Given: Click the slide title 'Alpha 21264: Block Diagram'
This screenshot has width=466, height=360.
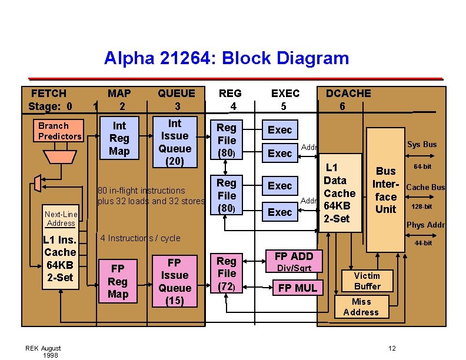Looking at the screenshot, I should [x=227, y=58].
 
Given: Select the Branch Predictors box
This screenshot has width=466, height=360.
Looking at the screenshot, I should [x=59, y=131].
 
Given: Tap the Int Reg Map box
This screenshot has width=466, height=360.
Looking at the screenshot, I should [x=119, y=138].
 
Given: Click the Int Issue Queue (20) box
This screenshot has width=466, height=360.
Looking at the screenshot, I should [x=175, y=142].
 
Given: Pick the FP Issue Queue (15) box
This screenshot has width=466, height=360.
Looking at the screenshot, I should [x=175, y=281].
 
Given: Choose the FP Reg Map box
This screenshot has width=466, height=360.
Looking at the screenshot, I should [x=118, y=281].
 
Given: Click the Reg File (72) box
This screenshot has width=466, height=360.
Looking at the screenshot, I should [x=227, y=274].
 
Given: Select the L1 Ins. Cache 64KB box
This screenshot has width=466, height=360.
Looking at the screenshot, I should [x=59, y=259].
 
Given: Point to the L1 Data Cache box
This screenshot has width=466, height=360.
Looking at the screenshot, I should [x=340, y=193].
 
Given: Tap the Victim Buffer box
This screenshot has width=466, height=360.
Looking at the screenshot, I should [x=367, y=281].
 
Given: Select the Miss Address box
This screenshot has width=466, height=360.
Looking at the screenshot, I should [x=361, y=306].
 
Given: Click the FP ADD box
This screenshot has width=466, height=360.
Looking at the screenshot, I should [x=294, y=256].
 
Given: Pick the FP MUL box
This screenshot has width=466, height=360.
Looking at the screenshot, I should [x=297, y=288].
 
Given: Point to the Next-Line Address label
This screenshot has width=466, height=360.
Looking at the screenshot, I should [x=61, y=219].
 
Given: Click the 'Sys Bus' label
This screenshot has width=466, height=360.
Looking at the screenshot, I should [x=422, y=144].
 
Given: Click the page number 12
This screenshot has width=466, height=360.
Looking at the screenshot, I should [x=392, y=349].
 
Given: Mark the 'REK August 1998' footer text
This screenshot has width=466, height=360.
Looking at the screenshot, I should [x=43, y=352].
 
